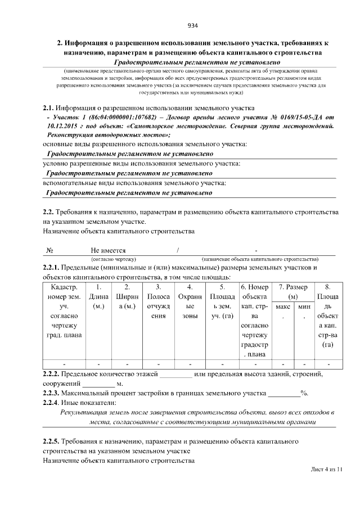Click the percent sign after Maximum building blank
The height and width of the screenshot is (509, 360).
pos(304,393)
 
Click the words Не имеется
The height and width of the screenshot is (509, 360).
pos(108,250)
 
